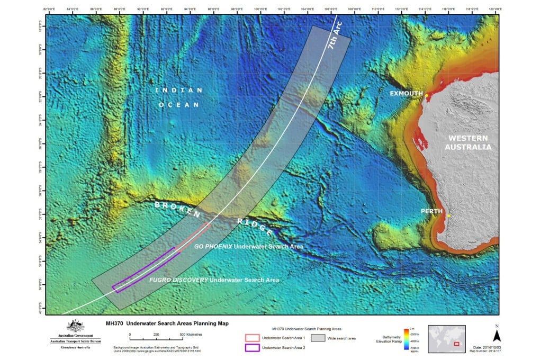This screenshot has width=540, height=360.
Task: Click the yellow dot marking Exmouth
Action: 426,96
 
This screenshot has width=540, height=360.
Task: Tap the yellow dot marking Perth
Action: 448,215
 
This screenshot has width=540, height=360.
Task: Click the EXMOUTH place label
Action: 406,94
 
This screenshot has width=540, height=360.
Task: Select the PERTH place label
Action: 431,211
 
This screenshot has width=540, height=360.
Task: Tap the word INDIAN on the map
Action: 178,91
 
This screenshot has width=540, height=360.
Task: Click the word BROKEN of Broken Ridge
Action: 177,210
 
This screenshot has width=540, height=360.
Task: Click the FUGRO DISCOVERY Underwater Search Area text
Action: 213,280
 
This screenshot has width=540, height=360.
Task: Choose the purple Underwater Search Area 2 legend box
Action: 252,347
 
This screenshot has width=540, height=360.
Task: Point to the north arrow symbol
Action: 496,335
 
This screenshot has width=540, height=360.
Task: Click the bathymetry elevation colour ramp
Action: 406,339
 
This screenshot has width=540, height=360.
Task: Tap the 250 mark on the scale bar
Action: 156,335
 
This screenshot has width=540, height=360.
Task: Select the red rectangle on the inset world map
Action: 456,344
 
